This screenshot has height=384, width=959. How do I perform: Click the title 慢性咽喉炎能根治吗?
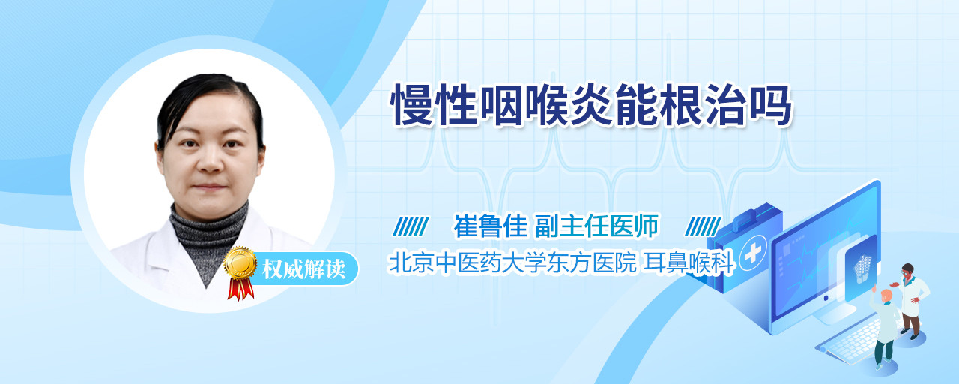coord(591,106)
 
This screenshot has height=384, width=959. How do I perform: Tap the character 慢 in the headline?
coord(412,106)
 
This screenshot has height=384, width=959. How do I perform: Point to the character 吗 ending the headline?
coord(770,106)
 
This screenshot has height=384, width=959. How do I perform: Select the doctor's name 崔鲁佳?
coord(490,226)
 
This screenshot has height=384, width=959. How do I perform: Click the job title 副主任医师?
coord(597,226)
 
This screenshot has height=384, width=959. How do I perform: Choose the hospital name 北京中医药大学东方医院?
coord(512,262)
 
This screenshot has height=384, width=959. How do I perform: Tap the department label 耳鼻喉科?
coord(689,262)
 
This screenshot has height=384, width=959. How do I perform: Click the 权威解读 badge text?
coord(304,268)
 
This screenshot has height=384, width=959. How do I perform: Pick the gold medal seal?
coord(240,262)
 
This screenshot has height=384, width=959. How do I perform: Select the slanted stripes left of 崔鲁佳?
coord(411,226)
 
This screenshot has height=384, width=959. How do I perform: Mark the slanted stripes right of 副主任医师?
coord(703,226)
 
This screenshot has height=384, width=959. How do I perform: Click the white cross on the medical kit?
coord(752,253)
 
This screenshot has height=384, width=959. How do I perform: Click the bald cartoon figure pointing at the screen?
coord(885,325)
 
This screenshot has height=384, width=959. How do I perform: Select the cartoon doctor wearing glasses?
coord(911,300)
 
